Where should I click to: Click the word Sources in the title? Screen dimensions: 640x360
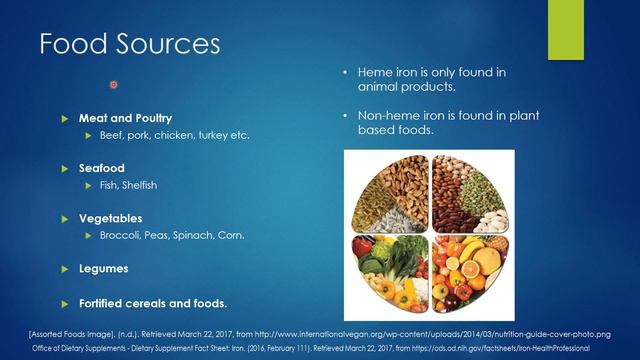point(168,43)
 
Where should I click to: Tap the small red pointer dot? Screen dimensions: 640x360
point(113,84)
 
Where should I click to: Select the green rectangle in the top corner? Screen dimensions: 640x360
point(566,30)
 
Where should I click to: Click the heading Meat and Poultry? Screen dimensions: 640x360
point(125,118)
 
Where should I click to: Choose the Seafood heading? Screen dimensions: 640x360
point(102,168)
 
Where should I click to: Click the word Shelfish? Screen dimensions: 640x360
point(140,185)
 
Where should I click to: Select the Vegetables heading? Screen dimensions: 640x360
point(111,218)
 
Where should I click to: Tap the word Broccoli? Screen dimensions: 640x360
point(120,236)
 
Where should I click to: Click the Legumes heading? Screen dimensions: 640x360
point(104,269)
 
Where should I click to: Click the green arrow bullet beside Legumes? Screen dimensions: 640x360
point(64,269)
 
